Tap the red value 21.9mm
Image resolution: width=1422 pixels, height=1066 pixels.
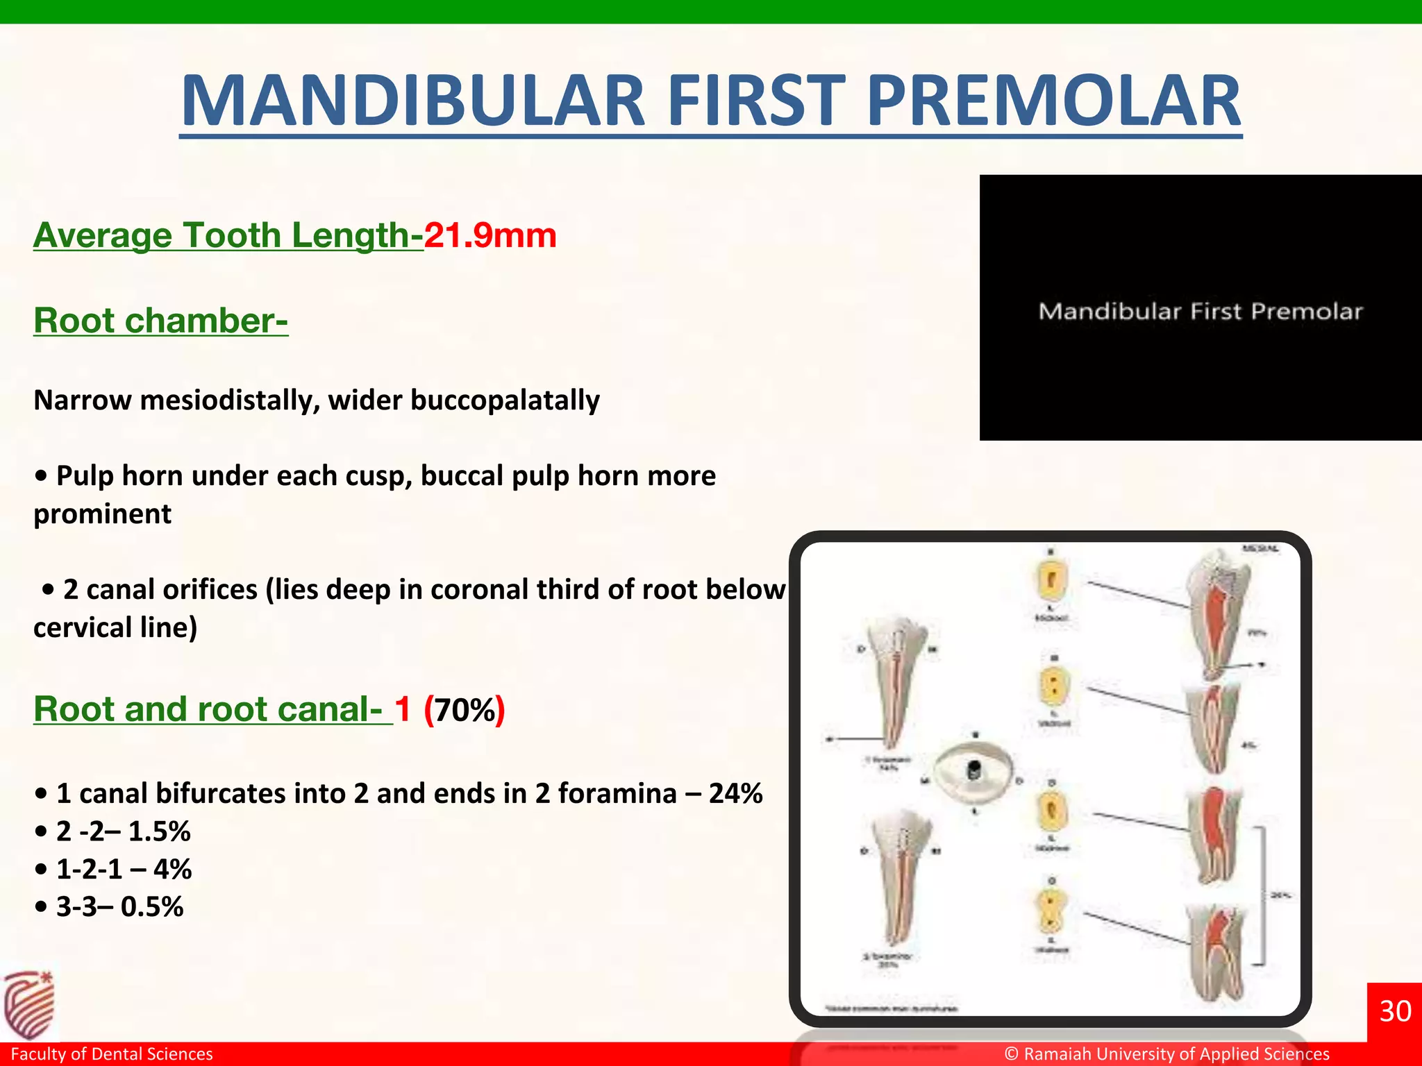490,235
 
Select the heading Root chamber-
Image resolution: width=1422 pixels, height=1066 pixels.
160,321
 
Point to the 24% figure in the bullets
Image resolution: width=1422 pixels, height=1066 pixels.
735,793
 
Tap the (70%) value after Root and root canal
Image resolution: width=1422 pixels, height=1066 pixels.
465,710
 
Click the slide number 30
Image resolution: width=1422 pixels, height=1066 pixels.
1394,1011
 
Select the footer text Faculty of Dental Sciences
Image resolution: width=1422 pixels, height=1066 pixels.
112,1054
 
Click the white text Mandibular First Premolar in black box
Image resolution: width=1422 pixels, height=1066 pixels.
1201,312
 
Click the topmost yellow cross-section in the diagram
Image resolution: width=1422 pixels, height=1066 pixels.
1051,580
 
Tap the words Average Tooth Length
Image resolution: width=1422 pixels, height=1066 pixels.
228,235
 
